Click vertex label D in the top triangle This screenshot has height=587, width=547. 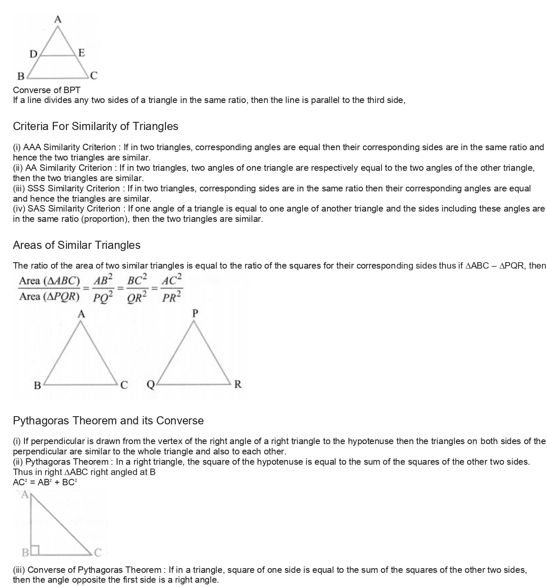33,54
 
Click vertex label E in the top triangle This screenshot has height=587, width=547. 81,53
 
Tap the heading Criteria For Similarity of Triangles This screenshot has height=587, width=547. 95,126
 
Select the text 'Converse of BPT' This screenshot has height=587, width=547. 46,90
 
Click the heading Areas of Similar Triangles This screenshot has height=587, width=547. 76,245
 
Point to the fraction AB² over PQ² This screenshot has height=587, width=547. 103,288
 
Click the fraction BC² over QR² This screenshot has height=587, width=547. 137,288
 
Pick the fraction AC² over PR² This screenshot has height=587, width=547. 172,288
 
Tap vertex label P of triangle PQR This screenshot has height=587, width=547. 195,313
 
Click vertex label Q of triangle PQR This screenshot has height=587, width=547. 151,384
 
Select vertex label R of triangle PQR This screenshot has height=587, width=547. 238,384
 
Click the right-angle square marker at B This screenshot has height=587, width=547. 35,549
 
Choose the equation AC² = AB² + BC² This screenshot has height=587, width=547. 45,482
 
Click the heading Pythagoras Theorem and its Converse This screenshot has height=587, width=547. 108,421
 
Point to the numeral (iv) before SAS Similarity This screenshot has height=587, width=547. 19,209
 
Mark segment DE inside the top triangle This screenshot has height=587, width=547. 57,55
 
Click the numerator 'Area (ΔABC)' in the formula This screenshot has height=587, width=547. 50,281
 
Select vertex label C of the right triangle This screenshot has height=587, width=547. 98,553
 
